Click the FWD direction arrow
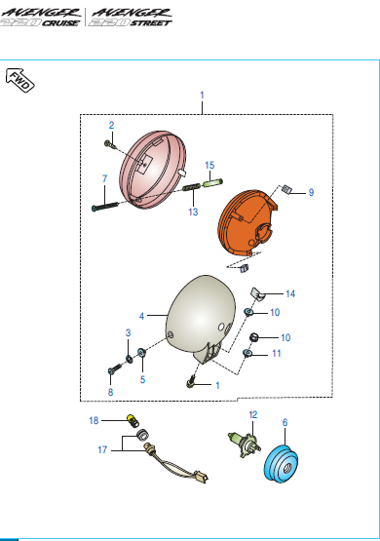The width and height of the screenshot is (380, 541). click(x=20, y=80)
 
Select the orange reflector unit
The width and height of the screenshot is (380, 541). click(x=247, y=223)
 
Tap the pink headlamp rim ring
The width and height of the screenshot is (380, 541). click(x=153, y=170)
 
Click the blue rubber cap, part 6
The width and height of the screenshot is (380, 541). click(x=281, y=464)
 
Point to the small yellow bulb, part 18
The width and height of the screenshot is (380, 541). click(x=133, y=420)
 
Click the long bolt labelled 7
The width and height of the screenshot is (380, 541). click(x=105, y=207)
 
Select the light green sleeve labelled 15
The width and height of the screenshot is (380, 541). click(x=212, y=183)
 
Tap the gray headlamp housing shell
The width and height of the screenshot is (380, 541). click(x=200, y=319)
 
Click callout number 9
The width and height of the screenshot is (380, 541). click(x=311, y=193)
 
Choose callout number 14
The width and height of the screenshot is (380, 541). click(x=290, y=293)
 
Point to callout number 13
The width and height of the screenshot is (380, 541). click(x=193, y=212)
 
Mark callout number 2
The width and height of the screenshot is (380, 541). click(x=111, y=125)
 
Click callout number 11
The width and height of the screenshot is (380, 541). click(x=277, y=353)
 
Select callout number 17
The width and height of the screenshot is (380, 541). click(x=102, y=449)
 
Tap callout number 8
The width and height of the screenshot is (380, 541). click(x=110, y=392)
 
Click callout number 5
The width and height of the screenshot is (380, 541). click(x=142, y=379)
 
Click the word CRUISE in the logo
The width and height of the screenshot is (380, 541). click(x=60, y=23)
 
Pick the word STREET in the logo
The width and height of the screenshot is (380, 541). click(x=151, y=23)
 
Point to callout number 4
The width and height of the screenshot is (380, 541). click(x=141, y=316)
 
